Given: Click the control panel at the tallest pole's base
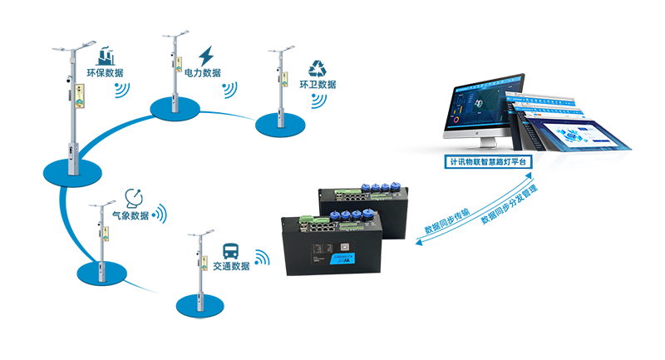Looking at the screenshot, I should click(x=73, y=150).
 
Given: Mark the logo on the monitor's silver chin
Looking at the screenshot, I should click(x=481, y=134).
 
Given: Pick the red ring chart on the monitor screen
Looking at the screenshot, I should click(x=456, y=117).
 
